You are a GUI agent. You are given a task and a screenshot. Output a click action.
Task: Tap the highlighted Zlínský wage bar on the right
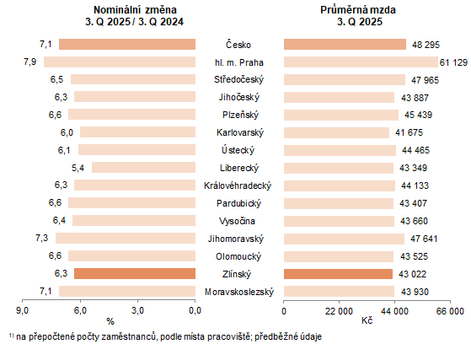pos(338,273)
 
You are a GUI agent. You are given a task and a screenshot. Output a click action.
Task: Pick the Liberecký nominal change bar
pos(143,168)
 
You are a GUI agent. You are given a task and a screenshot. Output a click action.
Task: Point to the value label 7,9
pos(29,62)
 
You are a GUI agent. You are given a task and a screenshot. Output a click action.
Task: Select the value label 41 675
pos(405,132)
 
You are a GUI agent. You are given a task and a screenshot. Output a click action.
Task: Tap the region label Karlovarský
pos(239,132)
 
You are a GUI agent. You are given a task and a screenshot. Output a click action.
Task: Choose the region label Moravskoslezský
pos(239,292)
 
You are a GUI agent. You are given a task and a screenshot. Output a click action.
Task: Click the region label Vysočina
pos(239,221)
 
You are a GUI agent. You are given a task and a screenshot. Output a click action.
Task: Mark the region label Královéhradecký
pos(239,185)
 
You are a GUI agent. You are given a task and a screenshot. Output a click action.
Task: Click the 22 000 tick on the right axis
pos(339,310)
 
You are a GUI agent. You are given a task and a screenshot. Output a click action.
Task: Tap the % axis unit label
pos(110,321)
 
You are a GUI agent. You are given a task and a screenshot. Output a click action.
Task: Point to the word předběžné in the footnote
pos(265,336)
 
